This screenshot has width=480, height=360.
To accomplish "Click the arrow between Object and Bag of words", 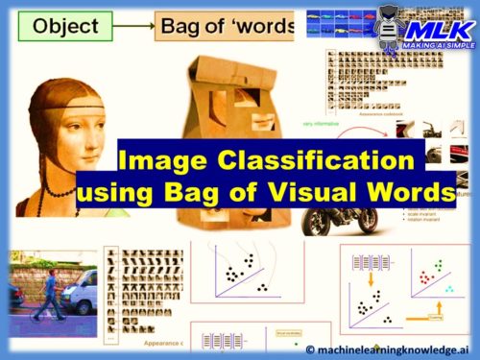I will [x=140, y=28].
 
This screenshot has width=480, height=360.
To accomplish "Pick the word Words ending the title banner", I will [x=419, y=192].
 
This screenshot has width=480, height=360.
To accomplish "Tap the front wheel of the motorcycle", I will [x=314, y=223].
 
